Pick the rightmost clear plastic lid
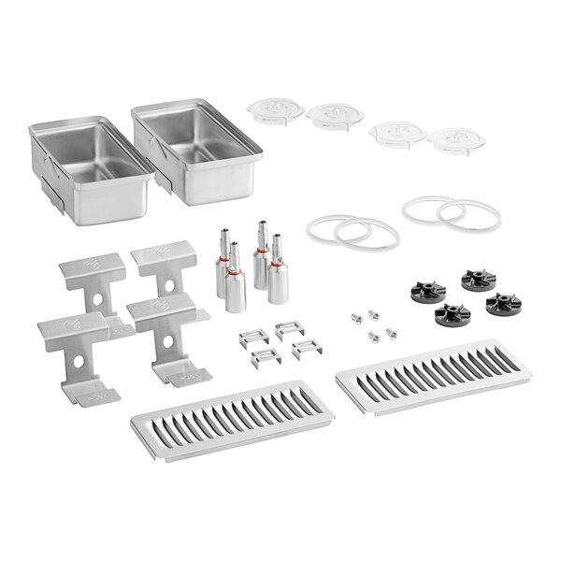pyautogui.click(x=456, y=140)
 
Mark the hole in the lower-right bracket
pyautogui.click(x=167, y=341)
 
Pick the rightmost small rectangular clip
pyautogui.click(x=307, y=348)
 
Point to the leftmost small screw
pyautogui.click(x=355, y=318)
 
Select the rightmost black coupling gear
pyautogui.click(x=504, y=304)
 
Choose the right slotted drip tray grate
pyautogui.click(x=433, y=378)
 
